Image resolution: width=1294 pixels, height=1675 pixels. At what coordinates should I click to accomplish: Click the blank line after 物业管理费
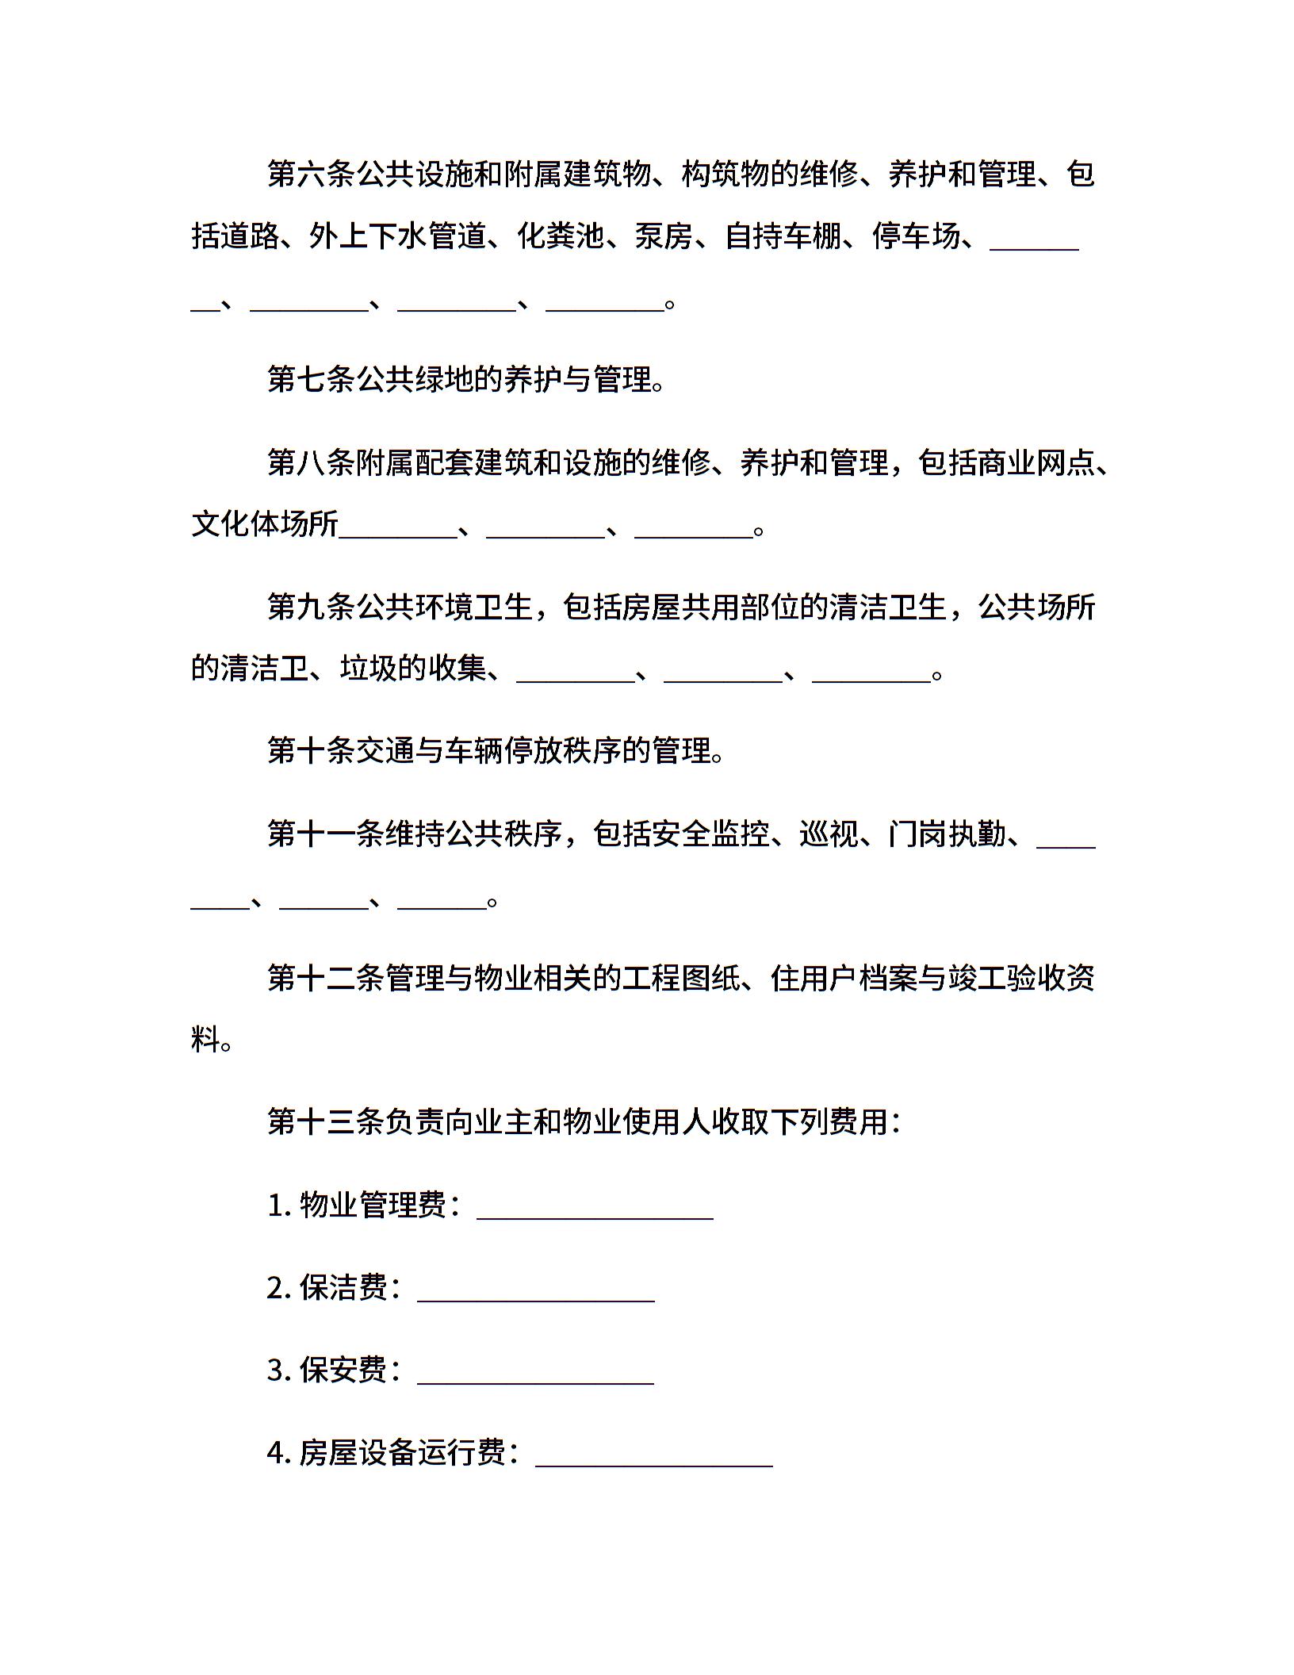click(x=595, y=1216)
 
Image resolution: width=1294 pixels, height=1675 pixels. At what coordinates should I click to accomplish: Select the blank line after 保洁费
click(x=535, y=1298)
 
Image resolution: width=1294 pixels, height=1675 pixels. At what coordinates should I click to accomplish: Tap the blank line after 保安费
click(x=535, y=1381)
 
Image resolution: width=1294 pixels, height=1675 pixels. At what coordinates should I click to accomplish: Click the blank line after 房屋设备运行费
click(x=654, y=1463)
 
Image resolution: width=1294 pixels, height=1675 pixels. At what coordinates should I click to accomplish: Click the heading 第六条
click(x=312, y=174)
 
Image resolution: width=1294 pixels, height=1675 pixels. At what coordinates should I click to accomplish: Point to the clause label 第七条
click(x=312, y=380)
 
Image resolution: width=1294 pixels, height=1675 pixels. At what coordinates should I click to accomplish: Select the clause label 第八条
click(x=312, y=462)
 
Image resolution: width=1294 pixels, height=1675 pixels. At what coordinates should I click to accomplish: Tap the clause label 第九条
click(x=312, y=607)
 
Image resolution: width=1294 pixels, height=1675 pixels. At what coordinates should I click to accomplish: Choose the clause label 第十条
click(x=312, y=750)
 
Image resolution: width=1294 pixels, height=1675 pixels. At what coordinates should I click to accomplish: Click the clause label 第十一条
click(x=326, y=834)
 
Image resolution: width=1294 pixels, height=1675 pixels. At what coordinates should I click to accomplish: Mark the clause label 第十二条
click(x=326, y=978)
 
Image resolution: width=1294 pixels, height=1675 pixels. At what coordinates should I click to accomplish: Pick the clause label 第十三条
click(x=326, y=1121)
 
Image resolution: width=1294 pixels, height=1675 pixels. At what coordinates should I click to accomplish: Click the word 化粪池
click(x=561, y=236)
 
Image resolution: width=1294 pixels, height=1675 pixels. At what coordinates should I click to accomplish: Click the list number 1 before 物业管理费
click(x=276, y=1205)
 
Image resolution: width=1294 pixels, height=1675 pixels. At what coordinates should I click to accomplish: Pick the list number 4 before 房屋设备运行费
click(x=276, y=1453)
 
